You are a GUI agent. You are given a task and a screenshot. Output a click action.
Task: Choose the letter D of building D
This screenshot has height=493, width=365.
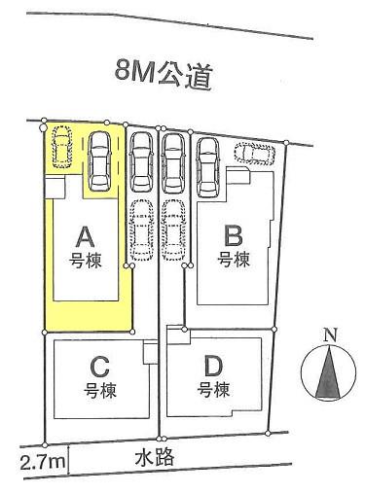pyautogui.click(x=215, y=367)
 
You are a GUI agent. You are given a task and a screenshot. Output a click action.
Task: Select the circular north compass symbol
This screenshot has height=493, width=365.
pyautogui.click(x=329, y=374)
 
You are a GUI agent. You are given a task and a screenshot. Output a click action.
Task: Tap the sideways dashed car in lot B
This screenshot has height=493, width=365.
pyautogui.click(x=255, y=154)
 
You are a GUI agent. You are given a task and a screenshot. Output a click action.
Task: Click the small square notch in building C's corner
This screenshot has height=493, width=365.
pyautogui.click(x=149, y=355)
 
